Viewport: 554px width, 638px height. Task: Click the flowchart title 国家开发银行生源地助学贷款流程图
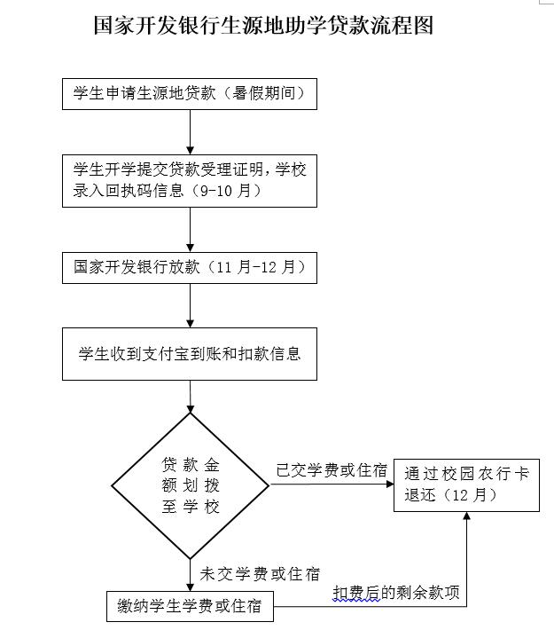(263, 25)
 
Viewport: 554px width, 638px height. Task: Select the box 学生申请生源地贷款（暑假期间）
(190, 93)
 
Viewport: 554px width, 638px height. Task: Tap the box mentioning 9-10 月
(190, 180)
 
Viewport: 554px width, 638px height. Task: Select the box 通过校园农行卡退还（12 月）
(466, 485)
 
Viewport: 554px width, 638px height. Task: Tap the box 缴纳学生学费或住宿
(190, 608)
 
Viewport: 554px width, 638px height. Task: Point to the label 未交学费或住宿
(260, 574)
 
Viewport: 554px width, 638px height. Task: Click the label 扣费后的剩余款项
(396, 593)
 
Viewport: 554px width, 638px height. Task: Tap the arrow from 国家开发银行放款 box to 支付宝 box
(190, 305)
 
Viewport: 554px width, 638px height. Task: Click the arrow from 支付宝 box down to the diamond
(190, 397)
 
